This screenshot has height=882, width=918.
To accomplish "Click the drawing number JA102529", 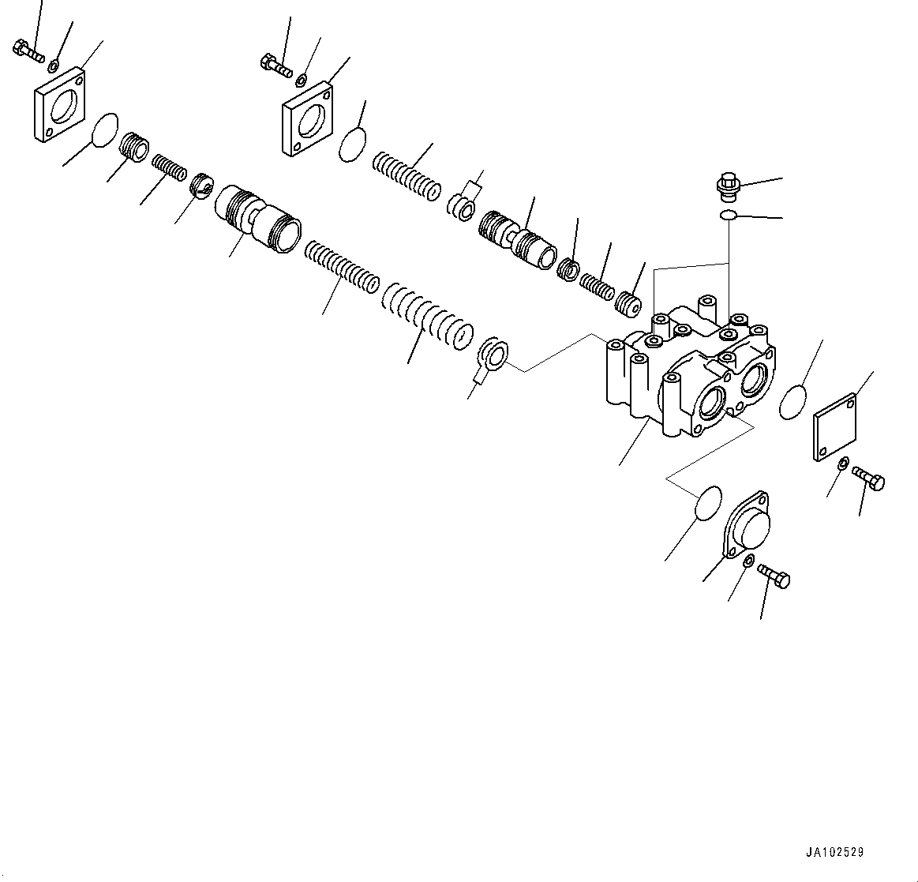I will coord(834,853).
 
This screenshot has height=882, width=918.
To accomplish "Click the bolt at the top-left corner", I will coord(28,51).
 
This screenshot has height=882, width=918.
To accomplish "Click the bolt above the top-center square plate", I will coord(276,64).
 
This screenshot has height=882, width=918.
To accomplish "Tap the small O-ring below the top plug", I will coord(729,216).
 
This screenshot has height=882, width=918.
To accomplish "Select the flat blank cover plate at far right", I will coord(834,426).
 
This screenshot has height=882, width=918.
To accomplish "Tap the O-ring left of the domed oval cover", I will coord(708,503).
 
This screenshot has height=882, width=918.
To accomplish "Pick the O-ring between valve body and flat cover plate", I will coord(793,403).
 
